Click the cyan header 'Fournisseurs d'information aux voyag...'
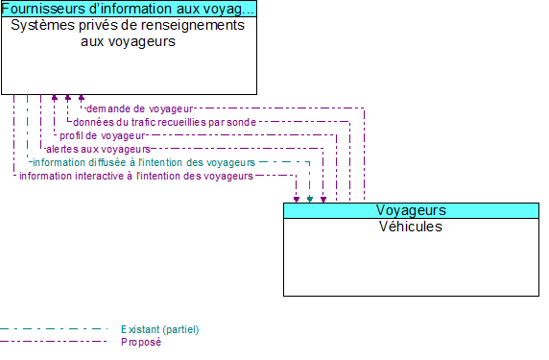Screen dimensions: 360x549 (x=129, y=9)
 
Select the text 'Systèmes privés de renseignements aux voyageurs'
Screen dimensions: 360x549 (x=128, y=33)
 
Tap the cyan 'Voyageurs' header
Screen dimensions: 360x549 (x=411, y=210)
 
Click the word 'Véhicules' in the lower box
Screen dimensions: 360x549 (x=411, y=227)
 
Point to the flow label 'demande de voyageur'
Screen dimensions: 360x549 (x=140, y=108)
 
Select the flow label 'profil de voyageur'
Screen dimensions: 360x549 (x=103, y=135)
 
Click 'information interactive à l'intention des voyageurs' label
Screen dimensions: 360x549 (x=135, y=176)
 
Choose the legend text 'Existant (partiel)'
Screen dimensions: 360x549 (x=159, y=329)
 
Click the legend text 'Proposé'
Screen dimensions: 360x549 (x=141, y=341)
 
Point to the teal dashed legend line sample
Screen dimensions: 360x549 (x=53, y=329)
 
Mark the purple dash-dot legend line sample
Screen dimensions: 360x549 (x=53, y=341)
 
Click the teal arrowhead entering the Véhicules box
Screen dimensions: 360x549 (x=310, y=199)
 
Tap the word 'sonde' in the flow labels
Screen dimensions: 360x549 (x=241, y=122)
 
